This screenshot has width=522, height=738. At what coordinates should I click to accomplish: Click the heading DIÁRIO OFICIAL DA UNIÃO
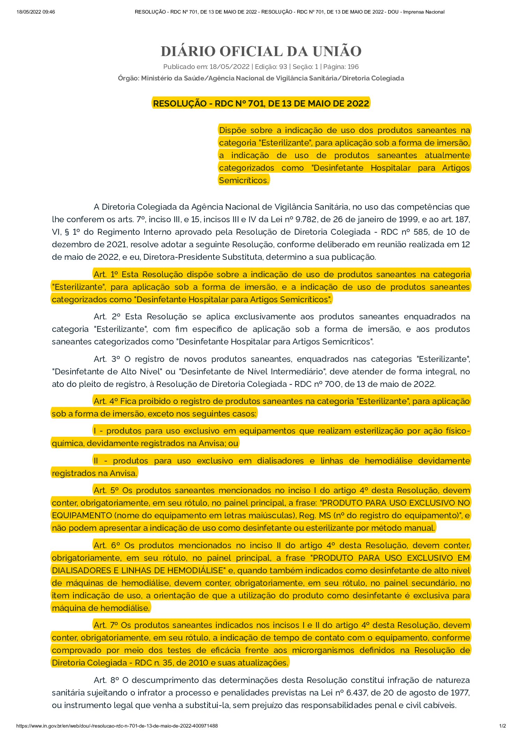(261, 52)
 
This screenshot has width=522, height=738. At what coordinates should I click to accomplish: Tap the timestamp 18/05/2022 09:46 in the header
(36, 12)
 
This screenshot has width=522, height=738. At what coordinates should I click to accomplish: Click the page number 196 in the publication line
(353, 67)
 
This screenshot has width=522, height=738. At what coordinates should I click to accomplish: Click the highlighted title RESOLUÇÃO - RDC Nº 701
(261, 103)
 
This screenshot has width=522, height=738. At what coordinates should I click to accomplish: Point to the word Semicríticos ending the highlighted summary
(244, 180)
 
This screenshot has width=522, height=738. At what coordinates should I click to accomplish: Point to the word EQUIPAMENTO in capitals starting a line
(82, 515)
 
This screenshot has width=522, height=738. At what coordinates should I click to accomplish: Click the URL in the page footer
(117, 726)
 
